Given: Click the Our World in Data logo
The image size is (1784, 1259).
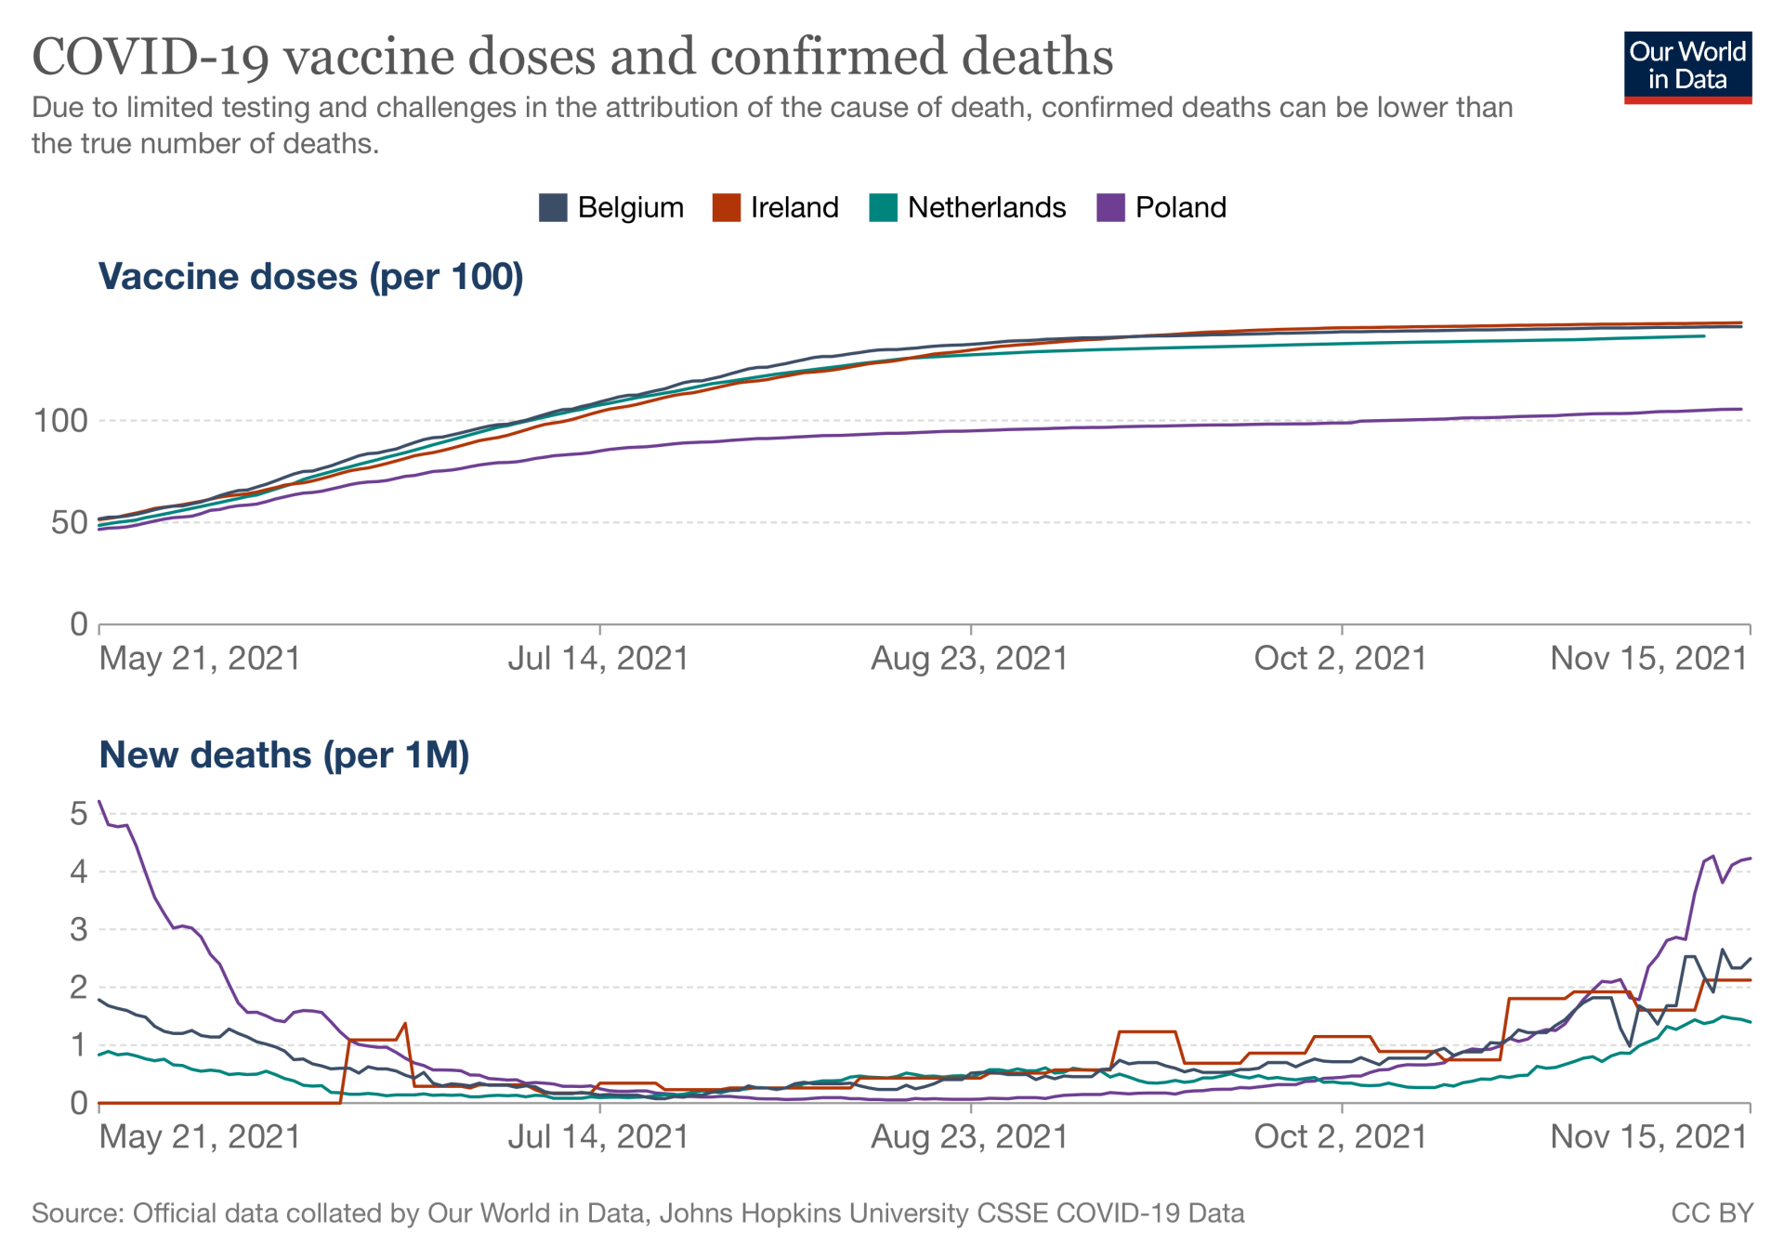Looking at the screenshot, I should coord(1686,68).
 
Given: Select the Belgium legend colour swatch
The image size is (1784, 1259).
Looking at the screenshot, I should coord(553,207).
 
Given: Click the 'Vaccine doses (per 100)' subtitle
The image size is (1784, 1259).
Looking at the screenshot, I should coord(311,277).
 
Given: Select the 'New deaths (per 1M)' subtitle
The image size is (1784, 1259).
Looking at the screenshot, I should coord(284,755).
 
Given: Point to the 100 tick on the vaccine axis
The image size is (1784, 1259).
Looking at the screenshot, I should coord(60,421).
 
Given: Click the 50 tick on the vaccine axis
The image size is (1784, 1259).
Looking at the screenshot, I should coord(67,523).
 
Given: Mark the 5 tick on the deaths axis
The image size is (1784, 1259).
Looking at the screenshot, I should coord(79,815).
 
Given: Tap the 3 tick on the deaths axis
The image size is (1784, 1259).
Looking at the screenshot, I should coord(79,930).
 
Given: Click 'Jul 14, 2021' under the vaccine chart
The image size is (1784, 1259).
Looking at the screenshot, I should coord(597,659).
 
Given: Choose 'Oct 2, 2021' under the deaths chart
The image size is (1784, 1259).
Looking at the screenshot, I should coord(1340,1137).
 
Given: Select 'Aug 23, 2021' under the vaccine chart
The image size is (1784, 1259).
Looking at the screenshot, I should coord(969,659).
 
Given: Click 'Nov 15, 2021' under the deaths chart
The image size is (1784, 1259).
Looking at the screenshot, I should coord(1649,1137).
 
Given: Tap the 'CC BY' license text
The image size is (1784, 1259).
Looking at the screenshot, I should coord(1712,1213).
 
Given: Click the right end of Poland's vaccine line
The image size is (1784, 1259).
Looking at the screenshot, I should coord(1741,409).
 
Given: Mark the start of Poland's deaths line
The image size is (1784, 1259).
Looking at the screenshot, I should coord(99,801).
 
